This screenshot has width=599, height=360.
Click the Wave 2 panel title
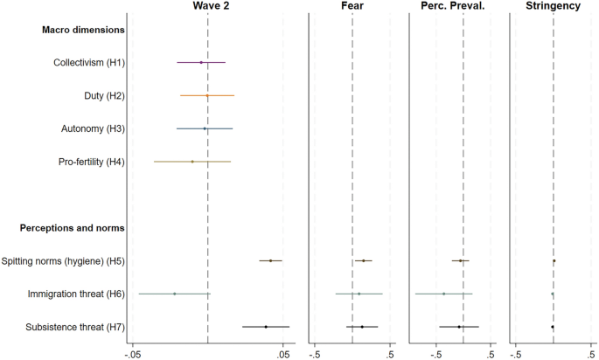207,7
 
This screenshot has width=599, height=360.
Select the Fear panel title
352,7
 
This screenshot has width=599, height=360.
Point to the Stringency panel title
554,7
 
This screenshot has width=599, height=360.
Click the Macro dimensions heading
83,30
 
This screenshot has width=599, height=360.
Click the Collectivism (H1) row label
88,62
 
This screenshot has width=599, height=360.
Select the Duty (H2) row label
103,95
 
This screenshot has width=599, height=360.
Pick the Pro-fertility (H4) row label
92,162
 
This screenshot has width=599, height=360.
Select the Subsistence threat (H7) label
76,327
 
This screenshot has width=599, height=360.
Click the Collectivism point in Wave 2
201,62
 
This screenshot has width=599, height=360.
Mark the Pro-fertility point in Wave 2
192,162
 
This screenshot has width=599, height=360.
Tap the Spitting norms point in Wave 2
270,260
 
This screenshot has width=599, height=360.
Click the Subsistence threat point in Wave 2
265,327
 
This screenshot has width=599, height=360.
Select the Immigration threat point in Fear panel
359,294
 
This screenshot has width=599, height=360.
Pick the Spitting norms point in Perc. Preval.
461,260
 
